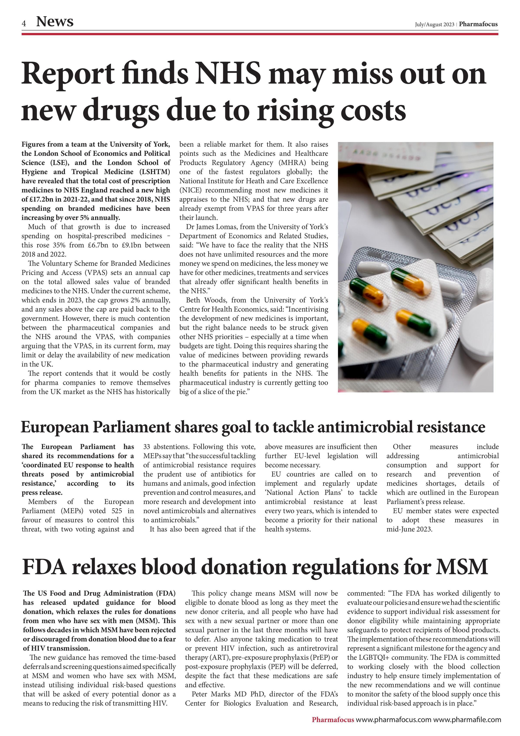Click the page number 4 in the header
tap(24, 23)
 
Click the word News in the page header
tap(55, 22)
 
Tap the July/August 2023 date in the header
tap(434, 24)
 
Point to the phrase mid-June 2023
tap(409, 529)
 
